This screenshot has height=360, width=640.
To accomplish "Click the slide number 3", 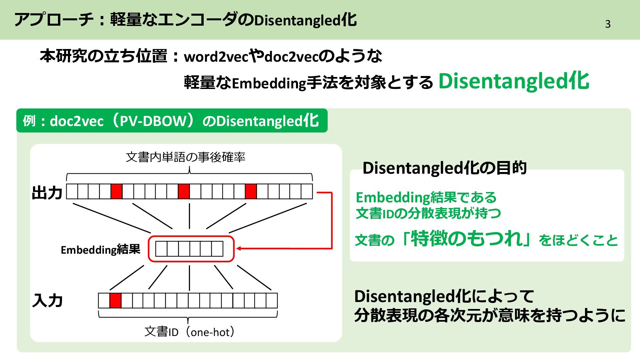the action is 608,24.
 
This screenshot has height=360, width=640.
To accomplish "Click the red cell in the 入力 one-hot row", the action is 115,300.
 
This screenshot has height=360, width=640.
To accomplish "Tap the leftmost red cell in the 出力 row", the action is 116,191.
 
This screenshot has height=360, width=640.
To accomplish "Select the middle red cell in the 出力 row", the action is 184,191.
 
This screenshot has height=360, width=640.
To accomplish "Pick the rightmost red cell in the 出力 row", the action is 251,191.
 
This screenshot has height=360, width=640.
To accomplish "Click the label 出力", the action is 47,193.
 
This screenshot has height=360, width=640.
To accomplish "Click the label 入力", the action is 47,300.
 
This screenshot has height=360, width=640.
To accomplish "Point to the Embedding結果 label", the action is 100,250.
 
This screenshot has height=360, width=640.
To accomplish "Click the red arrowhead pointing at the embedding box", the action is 239,248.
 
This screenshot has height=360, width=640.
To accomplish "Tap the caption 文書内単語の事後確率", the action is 186,157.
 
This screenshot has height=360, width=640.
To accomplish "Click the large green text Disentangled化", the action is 513,81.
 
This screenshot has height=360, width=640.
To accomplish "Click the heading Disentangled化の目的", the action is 444,168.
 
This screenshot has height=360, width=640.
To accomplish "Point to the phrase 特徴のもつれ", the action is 467,239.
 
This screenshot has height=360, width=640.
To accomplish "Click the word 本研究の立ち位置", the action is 103,56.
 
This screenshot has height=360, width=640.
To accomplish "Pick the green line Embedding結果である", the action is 426,197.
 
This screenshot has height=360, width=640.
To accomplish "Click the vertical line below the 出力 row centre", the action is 189,216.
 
